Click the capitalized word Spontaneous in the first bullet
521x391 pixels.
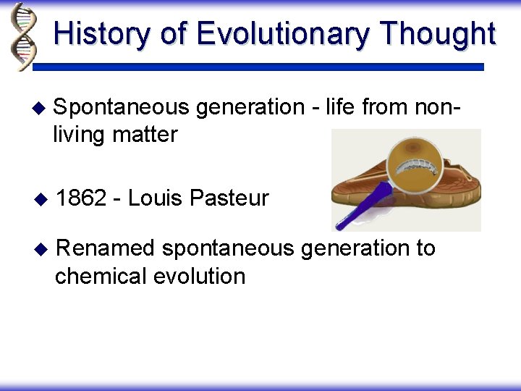coord(121,108)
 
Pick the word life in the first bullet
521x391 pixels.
coord(340,107)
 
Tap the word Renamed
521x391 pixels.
coord(105,248)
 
